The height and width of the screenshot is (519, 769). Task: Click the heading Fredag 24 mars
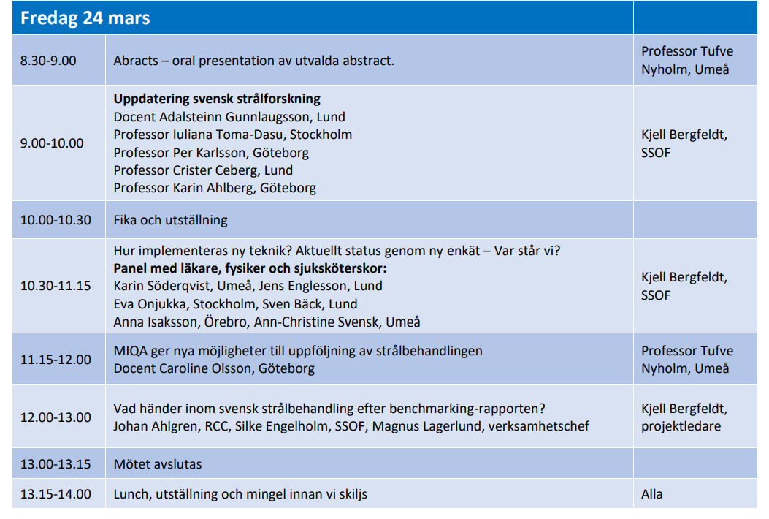click(x=85, y=18)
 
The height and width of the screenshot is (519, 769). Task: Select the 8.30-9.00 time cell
click(x=48, y=61)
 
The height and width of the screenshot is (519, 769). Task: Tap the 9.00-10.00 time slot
click(x=52, y=143)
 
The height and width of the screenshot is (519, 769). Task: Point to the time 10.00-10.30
click(x=56, y=220)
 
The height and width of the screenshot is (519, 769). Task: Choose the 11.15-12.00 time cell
click(x=56, y=360)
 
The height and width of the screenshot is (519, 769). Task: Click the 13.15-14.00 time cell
click(x=56, y=494)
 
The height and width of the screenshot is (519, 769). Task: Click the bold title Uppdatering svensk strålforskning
click(x=217, y=99)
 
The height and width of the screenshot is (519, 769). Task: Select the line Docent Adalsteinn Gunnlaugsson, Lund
click(x=229, y=117)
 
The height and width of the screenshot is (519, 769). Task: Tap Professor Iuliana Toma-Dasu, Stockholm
click(x=232, y=135)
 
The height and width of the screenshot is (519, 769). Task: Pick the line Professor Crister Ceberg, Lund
click(x=203, y=170)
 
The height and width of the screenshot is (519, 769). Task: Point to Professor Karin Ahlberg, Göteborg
click(x=215, y=188)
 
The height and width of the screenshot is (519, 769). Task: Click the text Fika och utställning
click(x=170, y=220)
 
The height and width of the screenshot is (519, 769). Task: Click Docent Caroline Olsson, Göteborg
click(x=214, y=368)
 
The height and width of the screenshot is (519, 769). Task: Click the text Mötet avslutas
click(x=157, y=464)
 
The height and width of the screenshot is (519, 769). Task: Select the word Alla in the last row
click(x=652, y=494)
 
